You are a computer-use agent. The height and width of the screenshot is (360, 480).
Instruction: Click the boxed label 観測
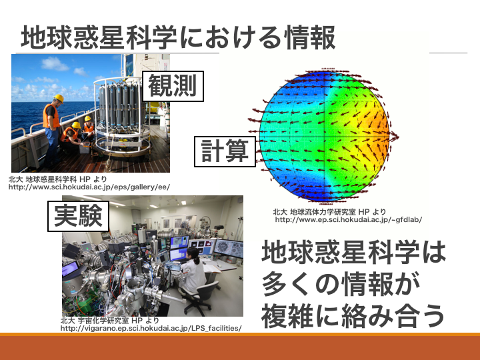pos(173,86)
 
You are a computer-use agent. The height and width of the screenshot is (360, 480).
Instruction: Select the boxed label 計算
pos(225,151)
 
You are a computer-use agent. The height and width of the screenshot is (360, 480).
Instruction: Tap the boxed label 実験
pos(79,216)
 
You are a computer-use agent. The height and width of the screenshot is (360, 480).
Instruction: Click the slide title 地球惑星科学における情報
pos(178,38)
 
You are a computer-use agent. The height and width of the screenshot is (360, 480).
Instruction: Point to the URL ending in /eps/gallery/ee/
pos(89,187)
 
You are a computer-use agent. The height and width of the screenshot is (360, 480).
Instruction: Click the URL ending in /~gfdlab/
pos(349,219)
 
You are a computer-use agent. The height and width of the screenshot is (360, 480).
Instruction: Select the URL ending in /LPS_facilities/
pos(151,329)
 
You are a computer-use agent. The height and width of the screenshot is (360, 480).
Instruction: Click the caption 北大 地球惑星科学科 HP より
pos(57,179)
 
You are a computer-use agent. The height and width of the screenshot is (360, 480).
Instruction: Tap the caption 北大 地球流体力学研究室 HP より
pos(329,211)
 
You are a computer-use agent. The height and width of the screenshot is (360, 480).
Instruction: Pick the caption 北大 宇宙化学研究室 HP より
pos(110,321)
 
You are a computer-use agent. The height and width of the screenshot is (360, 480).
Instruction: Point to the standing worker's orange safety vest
pos(51,116)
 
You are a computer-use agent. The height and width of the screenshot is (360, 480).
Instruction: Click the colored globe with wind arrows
pos(324,137)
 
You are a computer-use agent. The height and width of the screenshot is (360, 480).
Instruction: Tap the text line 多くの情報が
pos(341,284)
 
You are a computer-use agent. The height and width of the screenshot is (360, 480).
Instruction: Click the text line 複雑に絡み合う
pos(353,315)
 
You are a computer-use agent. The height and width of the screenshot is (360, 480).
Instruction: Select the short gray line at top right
pos(448,53)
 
